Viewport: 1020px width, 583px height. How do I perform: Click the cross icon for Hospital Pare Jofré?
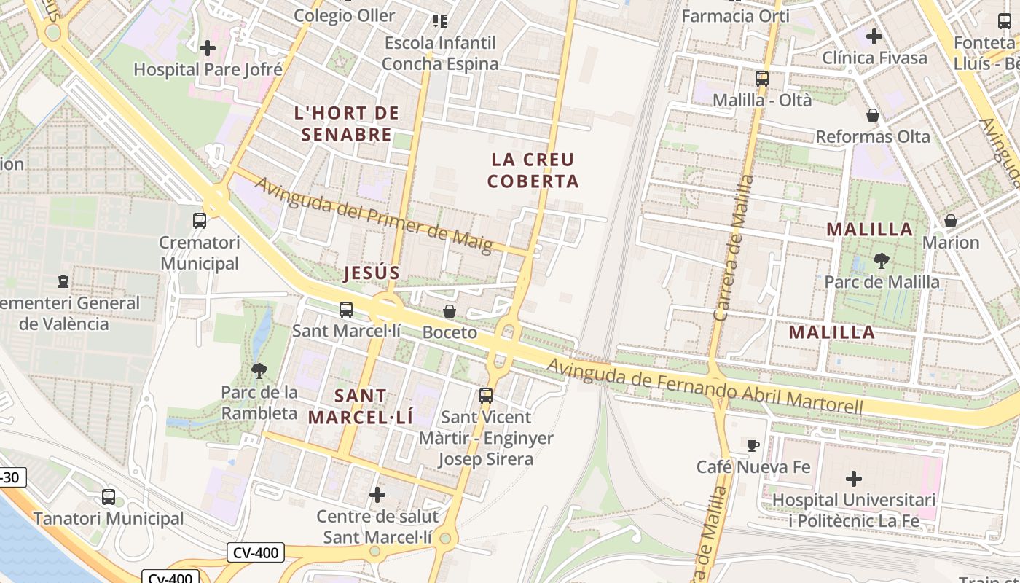tap(208, 49)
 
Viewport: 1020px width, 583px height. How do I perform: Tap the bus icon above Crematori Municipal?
tap(199, 220)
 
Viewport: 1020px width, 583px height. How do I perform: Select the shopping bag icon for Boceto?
tap(450, 311)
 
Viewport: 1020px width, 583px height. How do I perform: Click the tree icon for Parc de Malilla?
tap(882, 260)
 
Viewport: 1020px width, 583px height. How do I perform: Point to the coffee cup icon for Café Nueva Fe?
tap(753, 445)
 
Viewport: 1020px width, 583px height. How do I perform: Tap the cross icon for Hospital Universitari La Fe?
tap(853, 479)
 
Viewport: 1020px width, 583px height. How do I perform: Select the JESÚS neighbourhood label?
tap(372, 273)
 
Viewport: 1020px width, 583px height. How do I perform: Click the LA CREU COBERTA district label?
tap(533, 170)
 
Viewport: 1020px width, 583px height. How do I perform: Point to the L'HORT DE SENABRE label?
tap(347, 124)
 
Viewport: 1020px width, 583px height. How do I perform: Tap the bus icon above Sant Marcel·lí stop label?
tap(346, 309)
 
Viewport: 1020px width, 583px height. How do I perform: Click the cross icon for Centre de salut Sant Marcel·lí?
tap(377, 495)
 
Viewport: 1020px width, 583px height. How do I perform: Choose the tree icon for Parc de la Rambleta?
tap(259, 371)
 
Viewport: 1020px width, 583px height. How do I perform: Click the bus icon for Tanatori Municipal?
tap(109, 497)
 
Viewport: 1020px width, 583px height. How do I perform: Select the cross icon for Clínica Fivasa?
tap(874, 36)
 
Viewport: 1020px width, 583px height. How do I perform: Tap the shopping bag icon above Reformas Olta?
tap(872, 115)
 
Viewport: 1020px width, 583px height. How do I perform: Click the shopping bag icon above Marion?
tap(950, 221)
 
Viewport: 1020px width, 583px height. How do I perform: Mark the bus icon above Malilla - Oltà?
tap(762, 79)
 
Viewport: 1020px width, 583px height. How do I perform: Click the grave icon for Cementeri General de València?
tap(63, 281)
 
